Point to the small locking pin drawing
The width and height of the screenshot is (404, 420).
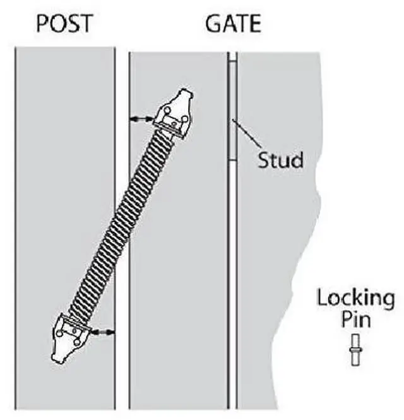tap(356, 349)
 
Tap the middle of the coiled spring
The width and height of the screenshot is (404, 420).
tap(122, 223)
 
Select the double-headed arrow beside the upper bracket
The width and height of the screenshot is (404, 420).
tap(140, 118)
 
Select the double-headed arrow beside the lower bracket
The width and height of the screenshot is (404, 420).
tap(102, 330)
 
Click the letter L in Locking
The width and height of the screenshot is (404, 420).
tap(321, 297)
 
